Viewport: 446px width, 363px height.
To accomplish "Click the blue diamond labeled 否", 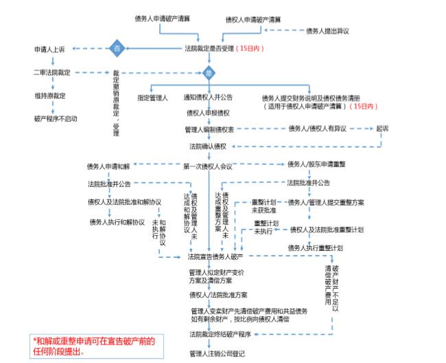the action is [117, 49].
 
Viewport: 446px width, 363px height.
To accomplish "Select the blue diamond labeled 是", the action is [209, 72].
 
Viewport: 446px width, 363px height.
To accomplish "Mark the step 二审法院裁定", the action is [52, 72].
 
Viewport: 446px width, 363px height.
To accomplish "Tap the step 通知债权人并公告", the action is [208, 98].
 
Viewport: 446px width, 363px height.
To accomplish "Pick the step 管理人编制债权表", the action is [210, 129].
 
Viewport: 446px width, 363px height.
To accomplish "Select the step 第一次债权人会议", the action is [209, 166].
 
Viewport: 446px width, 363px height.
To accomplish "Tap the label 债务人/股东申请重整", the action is [316, 164].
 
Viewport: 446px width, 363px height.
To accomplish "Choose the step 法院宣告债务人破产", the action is [215, 256].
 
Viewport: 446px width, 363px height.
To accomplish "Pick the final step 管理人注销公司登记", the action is [216, 353].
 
